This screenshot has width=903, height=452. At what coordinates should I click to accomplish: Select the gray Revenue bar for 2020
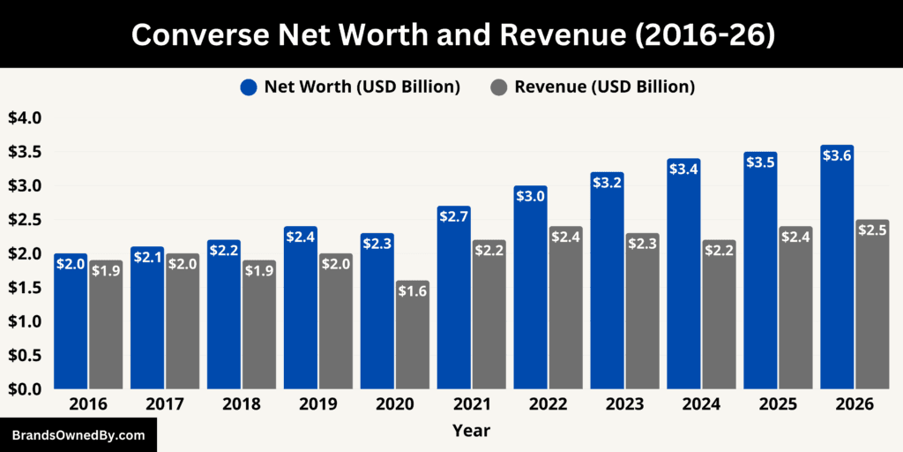pyautogui.click(x=412, y=335)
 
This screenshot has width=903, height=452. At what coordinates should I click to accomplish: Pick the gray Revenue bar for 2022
pyautogui.click(x=565, y=308)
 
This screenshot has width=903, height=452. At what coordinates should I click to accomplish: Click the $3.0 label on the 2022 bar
pyautogui.click(x=530, y=197)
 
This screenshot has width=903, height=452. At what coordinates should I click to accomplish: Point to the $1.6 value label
pyautogui.click(x=412, y=291)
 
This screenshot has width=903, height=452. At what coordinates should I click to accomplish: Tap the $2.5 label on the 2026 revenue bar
pyautogui.click(x=872, y=230)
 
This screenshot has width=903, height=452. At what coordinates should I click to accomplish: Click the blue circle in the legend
pyautogui.click(x=249, y=87)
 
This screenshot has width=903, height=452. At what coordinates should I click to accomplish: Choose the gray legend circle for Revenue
pyautogui.click(x=498, y=87)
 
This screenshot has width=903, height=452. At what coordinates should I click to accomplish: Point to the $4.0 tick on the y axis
pyautogui.click(x=24, y=118)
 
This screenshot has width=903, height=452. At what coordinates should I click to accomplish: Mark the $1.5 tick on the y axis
pyautogui.click(x=24, y=288)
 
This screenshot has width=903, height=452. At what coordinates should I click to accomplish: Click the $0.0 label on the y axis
pyautogui.click(x=24, y=389)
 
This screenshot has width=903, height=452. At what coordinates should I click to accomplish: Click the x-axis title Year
pyautogui.click(x=471, y=431)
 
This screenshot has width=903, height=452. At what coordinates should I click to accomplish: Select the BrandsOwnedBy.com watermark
pyautogui.click(x=78, y=435)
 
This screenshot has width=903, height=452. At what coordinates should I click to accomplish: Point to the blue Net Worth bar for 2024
pyautogui.click(x=683, y=274)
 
